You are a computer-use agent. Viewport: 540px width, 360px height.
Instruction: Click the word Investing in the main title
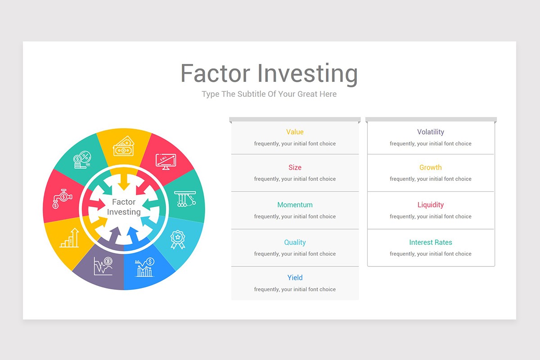[x=308, y=74]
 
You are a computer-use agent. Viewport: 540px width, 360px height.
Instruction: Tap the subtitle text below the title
[x=269, y=94]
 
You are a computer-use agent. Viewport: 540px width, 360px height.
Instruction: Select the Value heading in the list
[x=295, y=132]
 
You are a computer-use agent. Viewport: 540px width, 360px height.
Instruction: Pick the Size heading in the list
[x=295, y=167]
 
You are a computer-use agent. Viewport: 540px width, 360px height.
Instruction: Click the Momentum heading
[x=295, y=205]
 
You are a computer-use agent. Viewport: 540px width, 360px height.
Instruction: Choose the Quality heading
[x=295, y=242]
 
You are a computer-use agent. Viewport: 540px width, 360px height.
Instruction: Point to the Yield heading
[x=295, y=278]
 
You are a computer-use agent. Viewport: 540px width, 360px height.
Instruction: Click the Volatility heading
[x=430, y=132]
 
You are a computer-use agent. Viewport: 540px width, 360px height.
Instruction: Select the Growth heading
[x=430, y=167]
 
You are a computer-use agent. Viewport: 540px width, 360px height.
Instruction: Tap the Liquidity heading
[x=430, y=205]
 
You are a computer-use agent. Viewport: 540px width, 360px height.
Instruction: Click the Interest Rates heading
[x=430, y=242]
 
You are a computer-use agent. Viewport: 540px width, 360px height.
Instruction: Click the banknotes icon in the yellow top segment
[x=123, y=147]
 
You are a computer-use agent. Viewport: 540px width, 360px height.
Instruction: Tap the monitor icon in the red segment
[x=166, y=161]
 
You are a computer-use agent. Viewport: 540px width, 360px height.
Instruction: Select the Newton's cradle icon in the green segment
[x=185, y=198]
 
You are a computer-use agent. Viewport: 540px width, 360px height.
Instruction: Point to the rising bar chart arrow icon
[x=70, y=238]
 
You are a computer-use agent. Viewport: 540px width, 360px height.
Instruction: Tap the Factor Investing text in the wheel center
[x=124, y=207]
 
